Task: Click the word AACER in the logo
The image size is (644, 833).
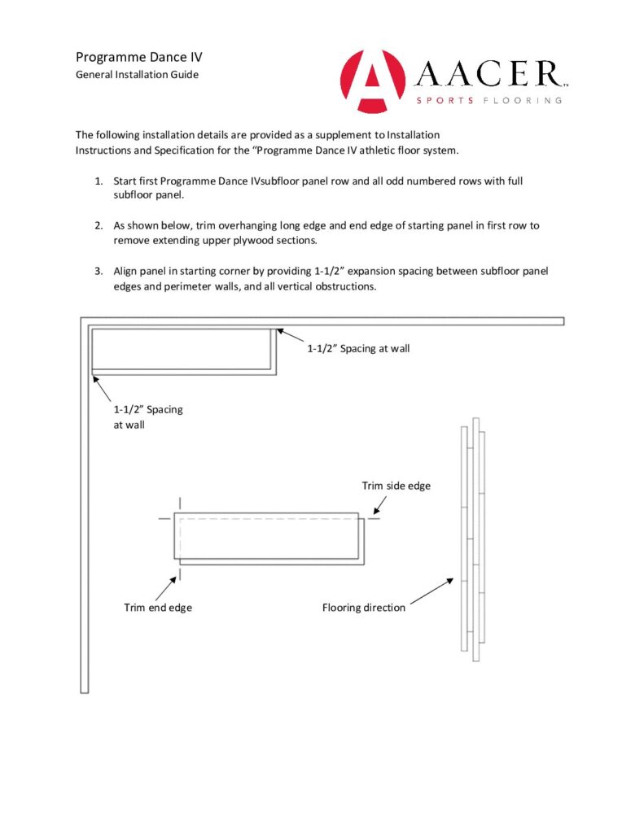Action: pos(489,75)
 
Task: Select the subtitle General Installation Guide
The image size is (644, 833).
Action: pos(137,75)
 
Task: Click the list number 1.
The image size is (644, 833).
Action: pos(98,181)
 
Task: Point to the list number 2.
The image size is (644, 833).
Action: pos(98,225)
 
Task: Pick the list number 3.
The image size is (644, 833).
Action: pos(98,270)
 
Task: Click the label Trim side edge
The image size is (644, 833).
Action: pos(396,486)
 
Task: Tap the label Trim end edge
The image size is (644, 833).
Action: pos(158,608)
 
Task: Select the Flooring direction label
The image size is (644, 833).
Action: pos(363,608)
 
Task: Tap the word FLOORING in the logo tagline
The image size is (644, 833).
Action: pos(524,101)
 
